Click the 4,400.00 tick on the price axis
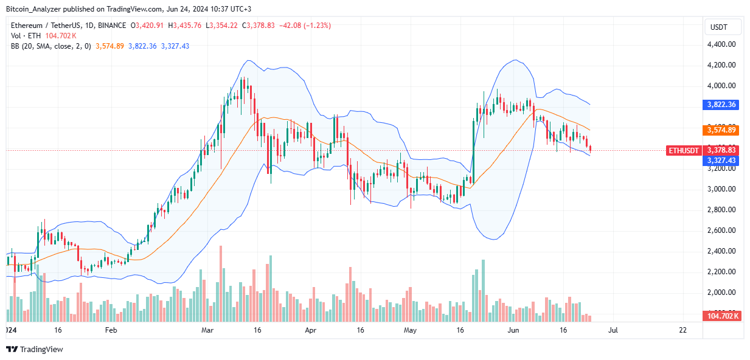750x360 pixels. pyautogui.click(x=721, y=44)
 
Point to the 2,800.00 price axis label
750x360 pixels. pyautogui.click(x=721, y=210)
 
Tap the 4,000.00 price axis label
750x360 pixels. pyautogui.click(x=721, y=86)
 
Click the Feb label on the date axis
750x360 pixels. pyautogui.click(x=110, y=330)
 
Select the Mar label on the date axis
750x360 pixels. pyautogui.click(x=207, y=330)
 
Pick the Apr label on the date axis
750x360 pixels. pyautogui.click(x=311, y=330)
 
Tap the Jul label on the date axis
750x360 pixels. pyautogui.click(x=613, y=330)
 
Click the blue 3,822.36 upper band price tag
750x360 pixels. pyautogui.click(x=721, y=105)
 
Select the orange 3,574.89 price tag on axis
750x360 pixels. pyautogui.click(x=721, y=130)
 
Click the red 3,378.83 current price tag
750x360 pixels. pyautogui.click(x=721, y=150)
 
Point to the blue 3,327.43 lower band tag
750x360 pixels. pyautogui.click(x=721, y=160)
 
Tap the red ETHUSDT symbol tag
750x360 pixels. pyautogui.click(x=683, y=150)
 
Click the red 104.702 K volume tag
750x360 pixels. pyautogui.click(x=721, y=316)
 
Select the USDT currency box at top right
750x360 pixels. pyautogui.click(x=723, y=27)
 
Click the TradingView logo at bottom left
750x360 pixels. pyautogui.click(x=35, y=349)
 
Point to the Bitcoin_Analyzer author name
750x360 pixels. pyautogui.click(x=37, y=9)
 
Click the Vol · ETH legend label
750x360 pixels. pyautogui.click(x=25, y=36)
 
